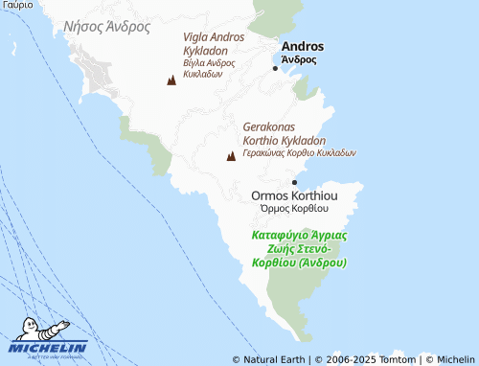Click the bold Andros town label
tap(302, 46)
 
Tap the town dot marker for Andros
tap(276, 68)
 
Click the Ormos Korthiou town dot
tap(294, 182)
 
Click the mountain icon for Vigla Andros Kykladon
tap(171, 80)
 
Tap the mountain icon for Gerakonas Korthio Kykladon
tap(230, 156)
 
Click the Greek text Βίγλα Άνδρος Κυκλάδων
tap(211, 67)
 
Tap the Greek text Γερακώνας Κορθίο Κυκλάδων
tap(299, 151)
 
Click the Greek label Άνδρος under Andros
tap(299, 59)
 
